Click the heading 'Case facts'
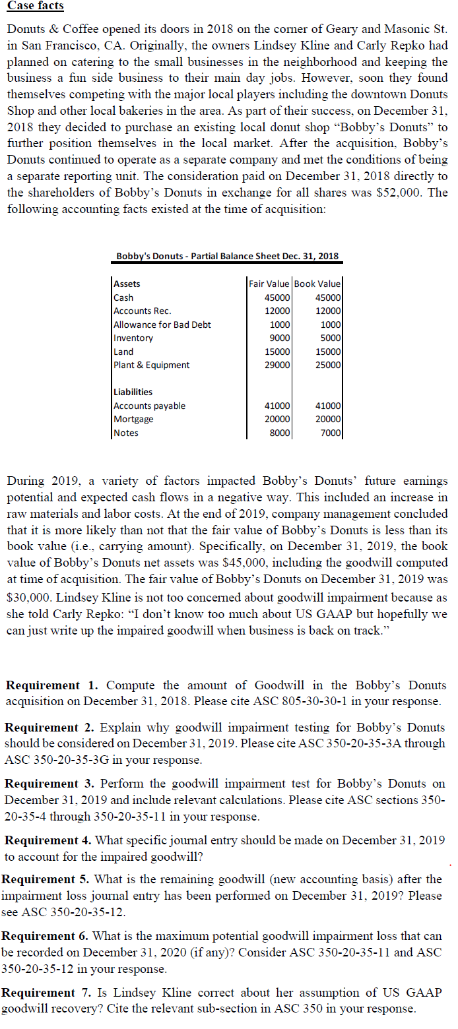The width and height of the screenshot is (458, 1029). point(35,6)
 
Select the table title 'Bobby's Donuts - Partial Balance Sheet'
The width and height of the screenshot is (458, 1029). point(228,256)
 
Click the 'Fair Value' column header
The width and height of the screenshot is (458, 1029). point(269,284)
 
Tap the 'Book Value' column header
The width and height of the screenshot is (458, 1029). point(317,284)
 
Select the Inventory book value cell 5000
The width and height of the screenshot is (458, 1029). point(331,338)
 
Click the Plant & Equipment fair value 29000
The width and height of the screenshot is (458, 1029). point(277,365)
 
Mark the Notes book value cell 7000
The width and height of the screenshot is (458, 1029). point(331,433)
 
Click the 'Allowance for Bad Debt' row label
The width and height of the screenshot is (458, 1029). point(162,325)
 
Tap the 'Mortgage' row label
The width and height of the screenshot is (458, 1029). point(133,419)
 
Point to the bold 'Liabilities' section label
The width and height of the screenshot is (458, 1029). point(133,392)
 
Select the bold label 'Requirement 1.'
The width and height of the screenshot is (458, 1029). point(52,685)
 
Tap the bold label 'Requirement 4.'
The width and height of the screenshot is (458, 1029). point(49,840)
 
